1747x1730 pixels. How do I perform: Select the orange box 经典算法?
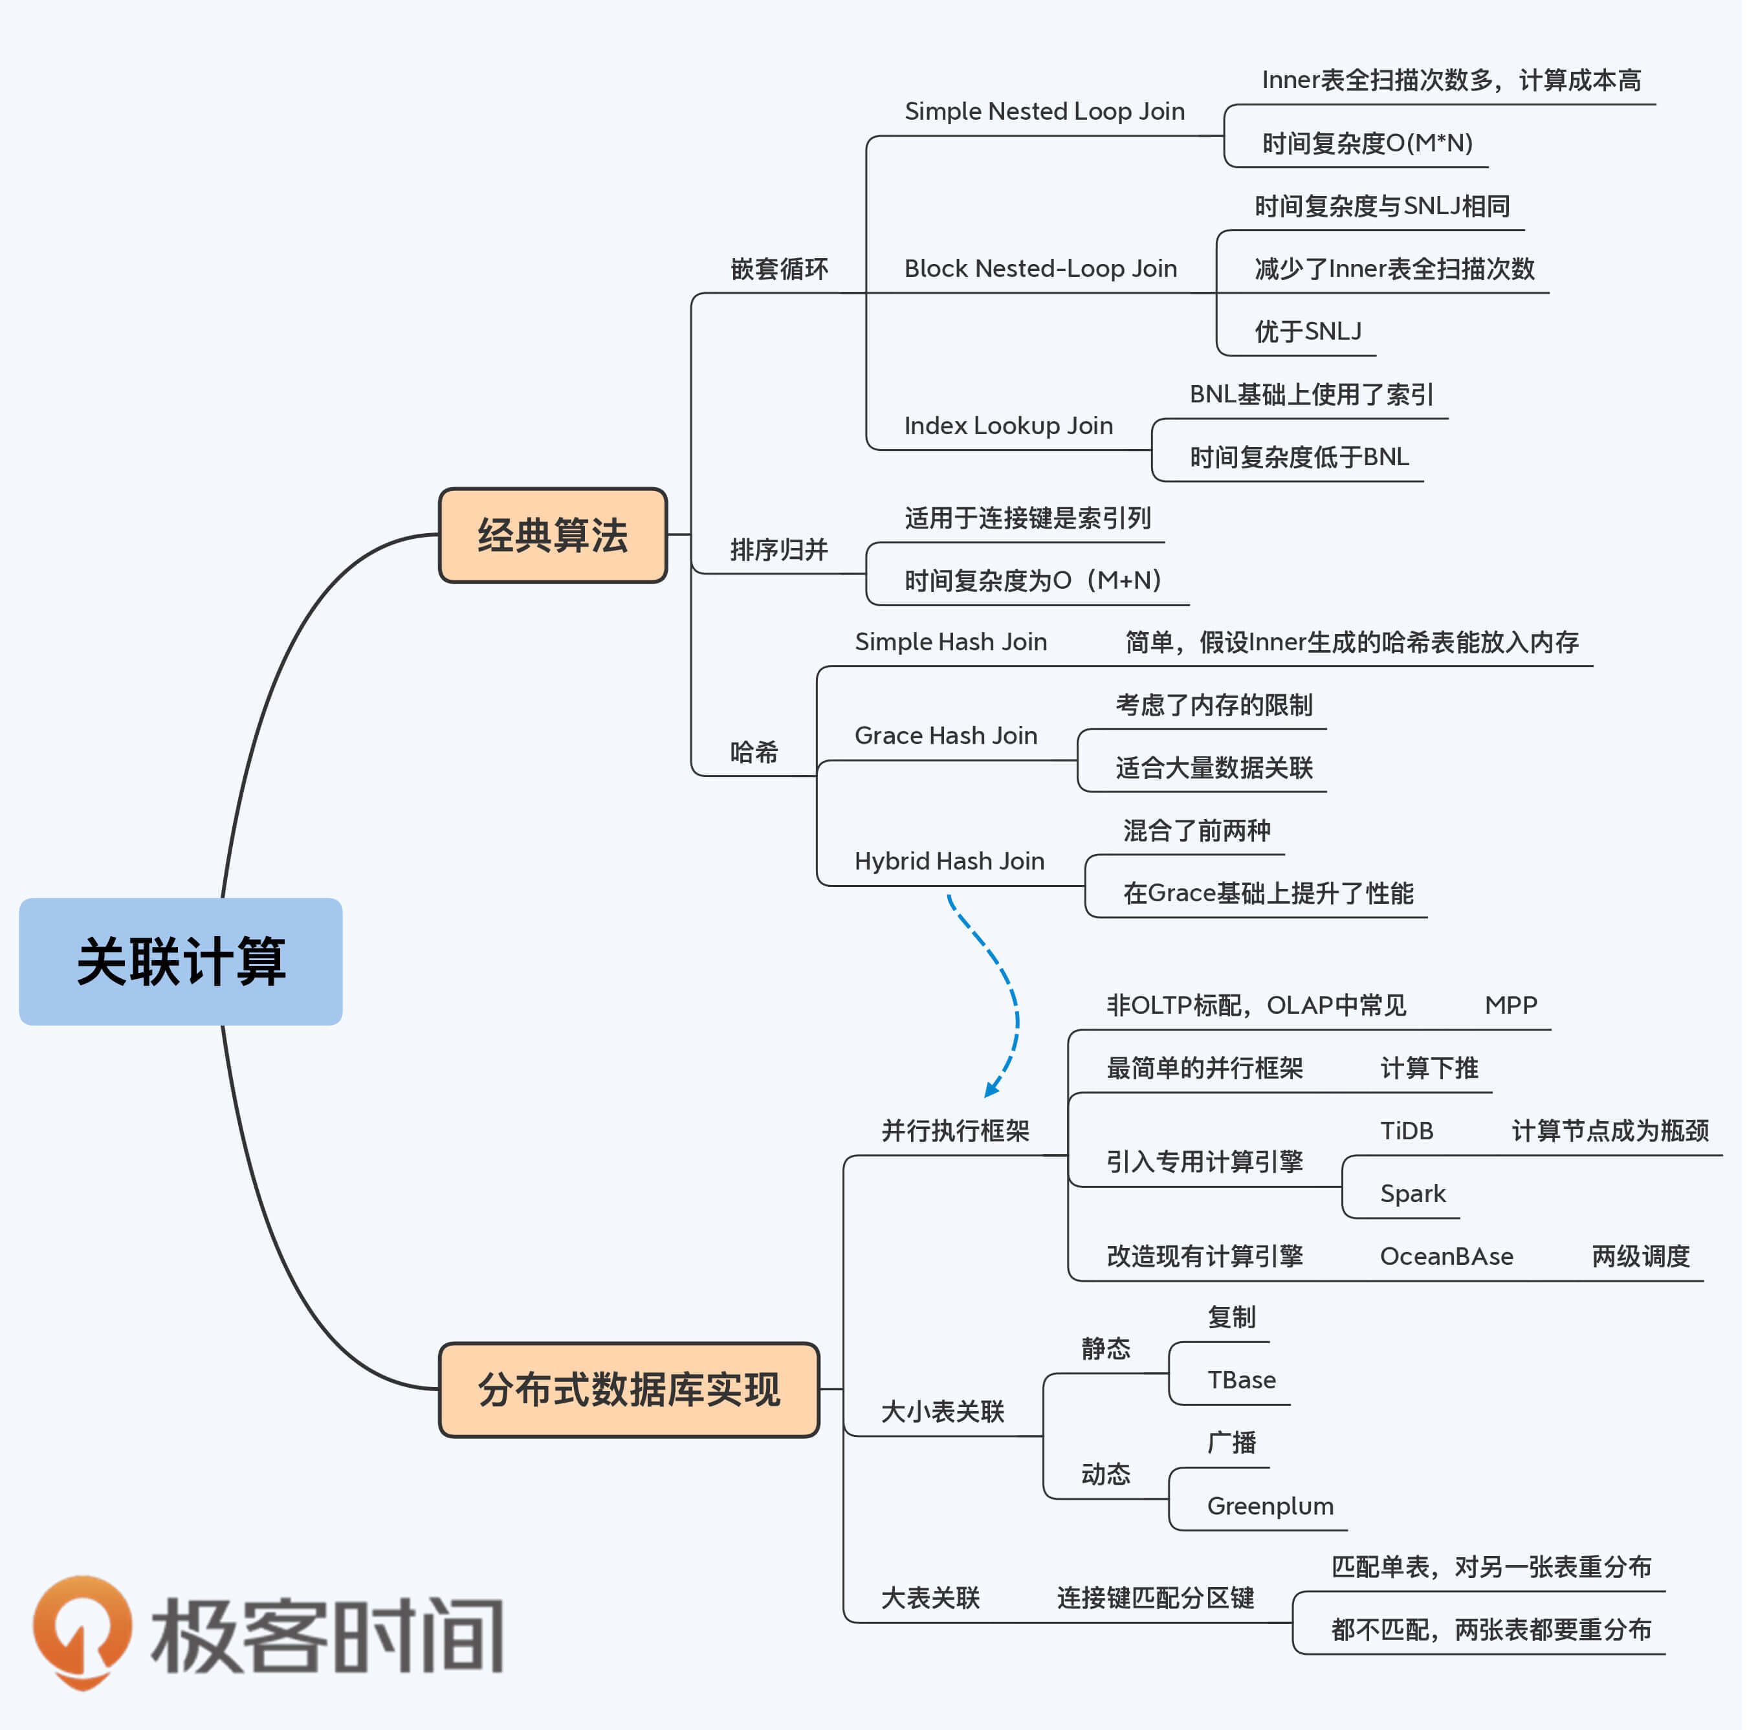553,536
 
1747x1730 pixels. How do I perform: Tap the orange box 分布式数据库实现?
628,1389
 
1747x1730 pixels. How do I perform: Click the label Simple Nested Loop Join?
1044,111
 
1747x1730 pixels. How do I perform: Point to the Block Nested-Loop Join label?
1040,268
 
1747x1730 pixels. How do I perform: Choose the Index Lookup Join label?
1008,425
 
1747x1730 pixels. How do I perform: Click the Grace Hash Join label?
946,735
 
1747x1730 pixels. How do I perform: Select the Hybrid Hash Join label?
949,861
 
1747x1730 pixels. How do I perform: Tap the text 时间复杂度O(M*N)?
1367,143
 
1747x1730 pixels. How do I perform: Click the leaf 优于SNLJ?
1308,331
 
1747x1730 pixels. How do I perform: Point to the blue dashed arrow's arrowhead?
991,1089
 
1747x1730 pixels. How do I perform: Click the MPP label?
1511,1005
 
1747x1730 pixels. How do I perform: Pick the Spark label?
1412,1194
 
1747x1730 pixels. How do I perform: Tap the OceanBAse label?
1447,1256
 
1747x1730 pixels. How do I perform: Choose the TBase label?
1242,1380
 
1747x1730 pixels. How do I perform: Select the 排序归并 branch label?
778,549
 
